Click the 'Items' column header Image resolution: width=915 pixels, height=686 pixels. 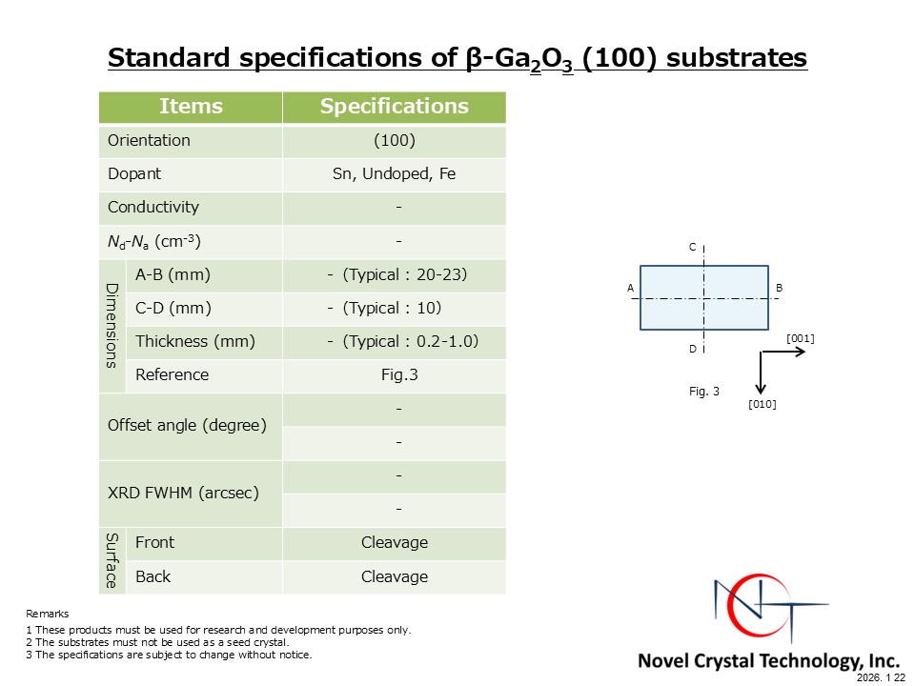point(191,106)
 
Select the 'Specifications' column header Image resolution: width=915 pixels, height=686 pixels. point(394,106)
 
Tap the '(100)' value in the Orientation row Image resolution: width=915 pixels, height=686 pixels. point(395,141)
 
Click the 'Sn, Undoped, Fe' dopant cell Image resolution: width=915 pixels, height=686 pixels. point(394,173)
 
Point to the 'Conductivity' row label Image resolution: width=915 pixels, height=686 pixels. point(153,207)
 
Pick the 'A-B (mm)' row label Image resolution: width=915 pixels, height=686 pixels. point(173,274)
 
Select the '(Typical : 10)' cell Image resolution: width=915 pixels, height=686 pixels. point(392,308)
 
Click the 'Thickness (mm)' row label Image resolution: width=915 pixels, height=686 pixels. point(195,341)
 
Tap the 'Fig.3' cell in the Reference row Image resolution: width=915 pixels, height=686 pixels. point(399,374)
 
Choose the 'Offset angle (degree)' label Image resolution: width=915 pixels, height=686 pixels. point(188,425)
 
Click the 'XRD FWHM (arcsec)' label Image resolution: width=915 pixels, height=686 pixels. point(183,493)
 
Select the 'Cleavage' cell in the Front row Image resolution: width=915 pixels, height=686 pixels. point(395,542)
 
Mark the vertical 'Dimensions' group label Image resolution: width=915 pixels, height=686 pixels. point(112,326)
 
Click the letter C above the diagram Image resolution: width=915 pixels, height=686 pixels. point(693,248)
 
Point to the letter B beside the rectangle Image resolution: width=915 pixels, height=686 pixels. point(779,288)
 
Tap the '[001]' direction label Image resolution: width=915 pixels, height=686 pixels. point(801,338)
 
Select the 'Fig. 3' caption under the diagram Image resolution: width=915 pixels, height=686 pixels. point(704,392)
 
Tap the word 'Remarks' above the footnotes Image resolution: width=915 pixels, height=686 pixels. point(48,614)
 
